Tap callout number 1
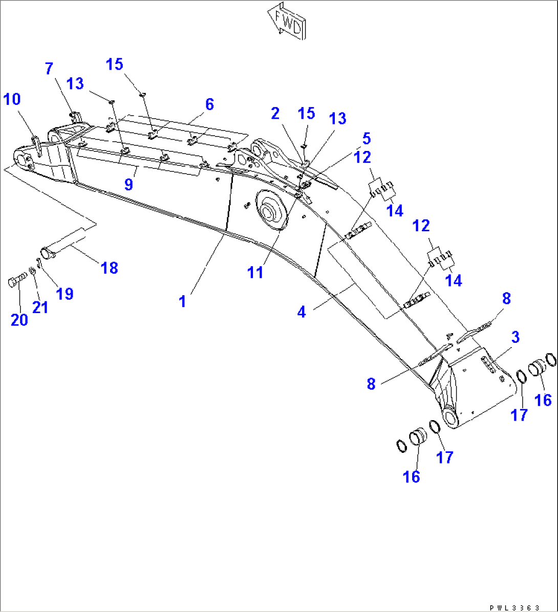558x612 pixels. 182,301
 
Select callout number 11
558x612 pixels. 255,272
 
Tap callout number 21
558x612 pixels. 40,307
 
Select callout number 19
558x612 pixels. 65,293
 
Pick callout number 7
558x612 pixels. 49,68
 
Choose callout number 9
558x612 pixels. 128,184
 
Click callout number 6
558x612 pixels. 209,104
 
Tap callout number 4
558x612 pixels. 302,311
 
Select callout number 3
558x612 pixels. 515,337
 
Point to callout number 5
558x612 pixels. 366,138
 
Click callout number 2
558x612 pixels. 275,113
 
